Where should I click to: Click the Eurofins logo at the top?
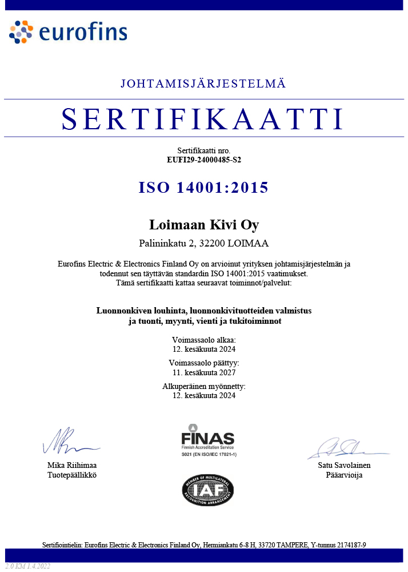point(68,32)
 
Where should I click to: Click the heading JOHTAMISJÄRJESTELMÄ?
point(203,84)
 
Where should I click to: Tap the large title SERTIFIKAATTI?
point(203,118)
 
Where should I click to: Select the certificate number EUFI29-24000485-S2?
point(203,160)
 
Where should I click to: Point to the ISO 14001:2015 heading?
point(203,188)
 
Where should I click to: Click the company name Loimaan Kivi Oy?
point(204,224)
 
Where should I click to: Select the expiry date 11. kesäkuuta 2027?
point(204,372)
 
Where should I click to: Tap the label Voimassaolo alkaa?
point(204,340)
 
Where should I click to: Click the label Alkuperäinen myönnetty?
point(204,387)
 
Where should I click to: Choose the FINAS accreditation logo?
point(208,440)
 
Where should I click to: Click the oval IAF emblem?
point(208,490)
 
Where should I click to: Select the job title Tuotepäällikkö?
point(72,475)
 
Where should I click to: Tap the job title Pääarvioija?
point(344,475)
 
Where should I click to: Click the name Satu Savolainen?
point(344,466)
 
